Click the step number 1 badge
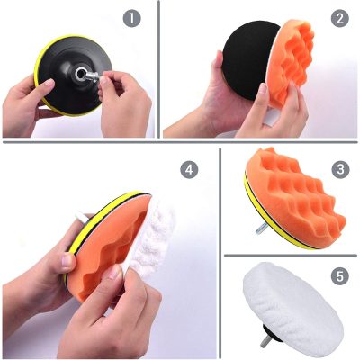tap(131, 18)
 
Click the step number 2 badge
tap(340, 18)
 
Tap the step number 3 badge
tap(340, 169)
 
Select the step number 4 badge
tap(189, 170)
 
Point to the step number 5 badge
tap(340, 276)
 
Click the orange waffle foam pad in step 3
tap(295, 195)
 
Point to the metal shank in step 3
tap(261, 229)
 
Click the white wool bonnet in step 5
tap(292, 303)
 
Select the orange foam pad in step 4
tap(105, 243)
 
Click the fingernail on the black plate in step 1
tap(48, 83)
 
